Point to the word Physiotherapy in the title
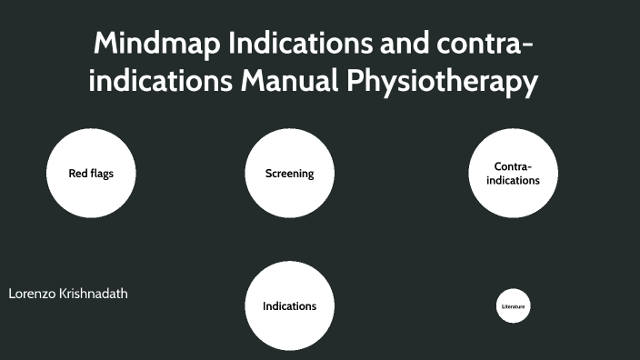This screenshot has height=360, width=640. coord(442,83)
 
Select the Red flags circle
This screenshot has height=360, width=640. coord(91,173)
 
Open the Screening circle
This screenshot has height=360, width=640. coord(289,173)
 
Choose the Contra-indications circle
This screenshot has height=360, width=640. coord(513,173)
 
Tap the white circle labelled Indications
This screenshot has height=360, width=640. coord(289,305)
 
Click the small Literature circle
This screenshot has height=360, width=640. coord(514,306)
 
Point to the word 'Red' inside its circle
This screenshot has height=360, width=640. coord(77,173)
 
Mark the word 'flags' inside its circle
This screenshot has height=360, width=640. coord(101,173)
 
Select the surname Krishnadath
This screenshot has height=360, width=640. coord(95,295)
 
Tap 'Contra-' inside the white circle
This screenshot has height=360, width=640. coord(513,166)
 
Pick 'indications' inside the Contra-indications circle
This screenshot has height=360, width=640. coord(513,180)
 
